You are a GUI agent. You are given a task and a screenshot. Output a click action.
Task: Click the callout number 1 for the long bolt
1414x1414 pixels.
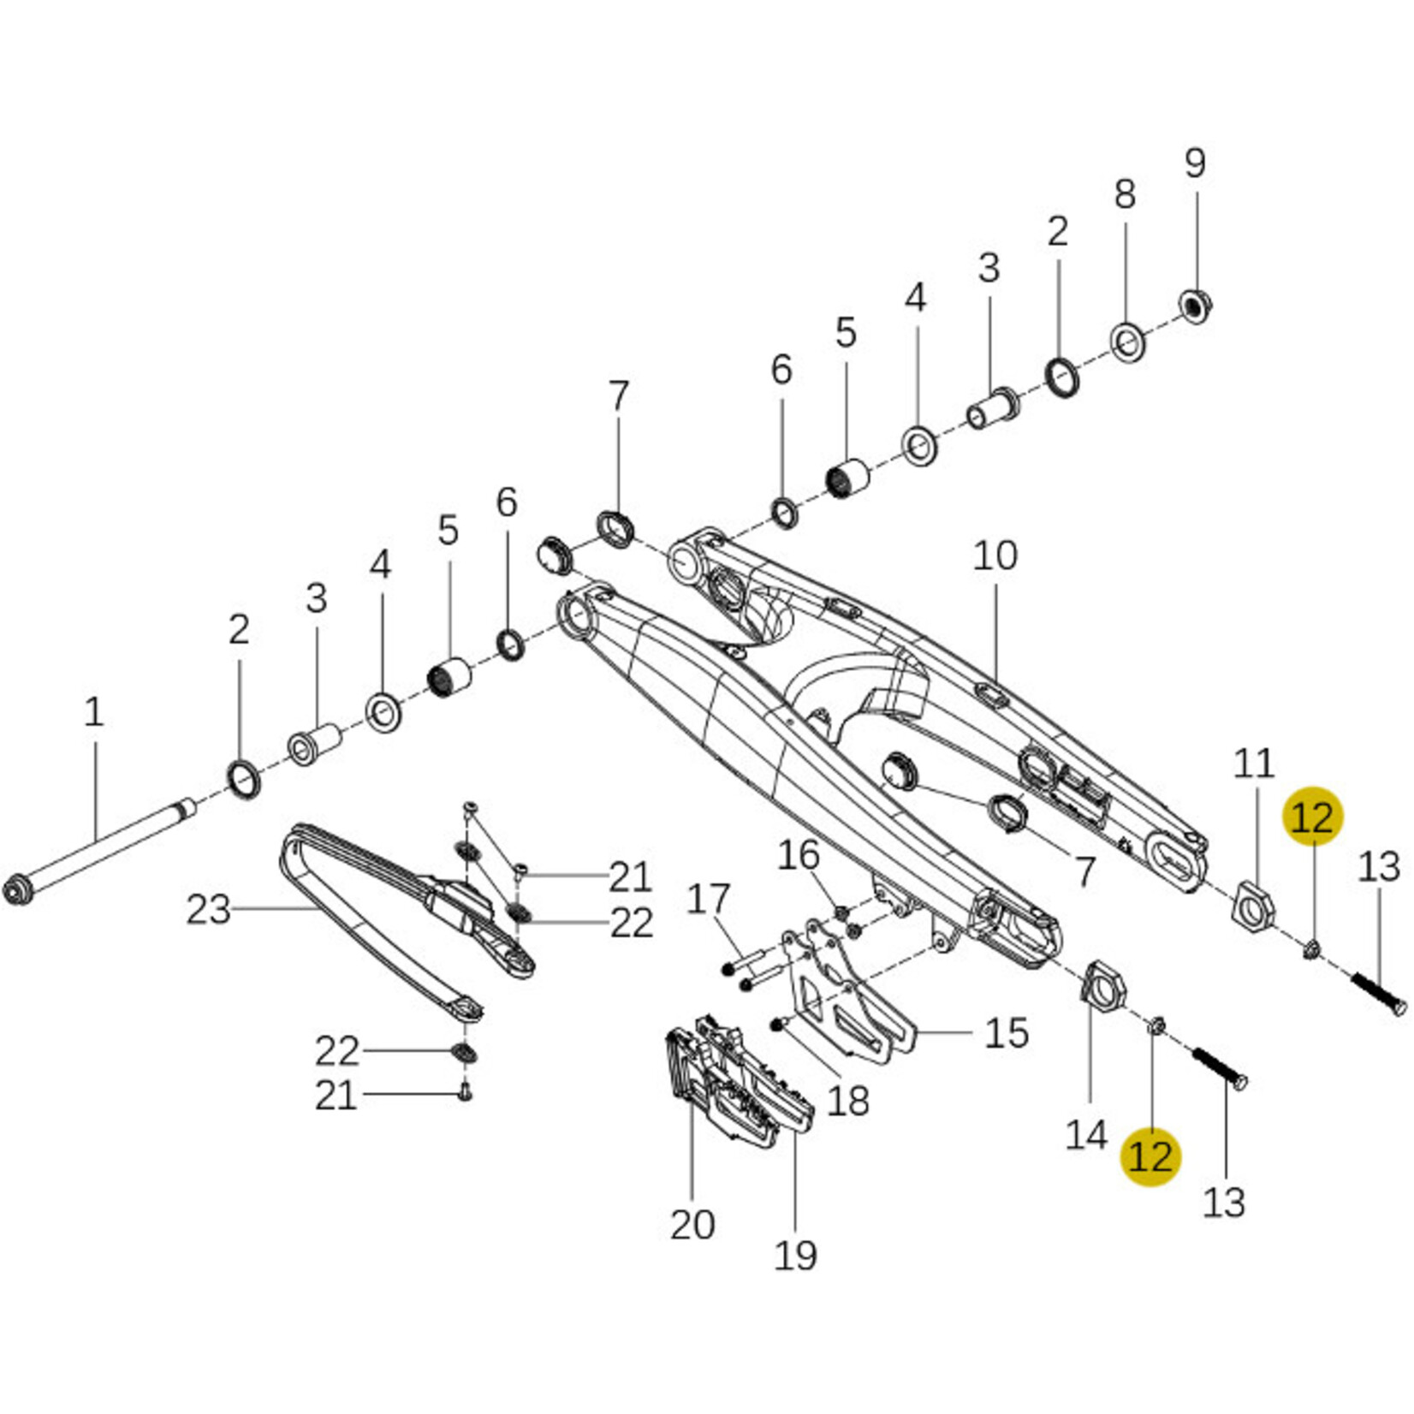click(93, 712)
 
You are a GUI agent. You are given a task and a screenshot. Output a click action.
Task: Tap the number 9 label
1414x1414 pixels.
click(1195, 163)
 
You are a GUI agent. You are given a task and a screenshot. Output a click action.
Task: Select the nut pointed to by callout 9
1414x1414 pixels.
click(1196, 304)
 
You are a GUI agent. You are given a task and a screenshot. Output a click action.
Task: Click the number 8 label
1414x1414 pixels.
click(1125, 194)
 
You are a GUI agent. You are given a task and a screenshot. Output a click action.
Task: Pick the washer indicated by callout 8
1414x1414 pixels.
click(1128, 342)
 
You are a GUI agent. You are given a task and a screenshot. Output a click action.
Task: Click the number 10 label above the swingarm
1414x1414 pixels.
click(995, 556)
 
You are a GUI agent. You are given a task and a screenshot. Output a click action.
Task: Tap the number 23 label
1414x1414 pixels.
click(208, 909)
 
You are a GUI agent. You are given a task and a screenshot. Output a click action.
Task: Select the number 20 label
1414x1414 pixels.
click(692, 1224)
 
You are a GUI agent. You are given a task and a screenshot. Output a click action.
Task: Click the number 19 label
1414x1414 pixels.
click(795, 1255)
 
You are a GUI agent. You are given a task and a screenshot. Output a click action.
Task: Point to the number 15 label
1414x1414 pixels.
click(1006, 1032)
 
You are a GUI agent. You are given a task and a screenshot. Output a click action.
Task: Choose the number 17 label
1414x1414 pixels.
click(708, 899)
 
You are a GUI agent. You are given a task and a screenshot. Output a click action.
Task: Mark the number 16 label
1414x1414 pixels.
click(798, 854)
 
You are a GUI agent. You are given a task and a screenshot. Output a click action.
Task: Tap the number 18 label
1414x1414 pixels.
click(847, 1101)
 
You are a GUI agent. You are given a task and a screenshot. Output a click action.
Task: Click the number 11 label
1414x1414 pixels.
click(1253, 763)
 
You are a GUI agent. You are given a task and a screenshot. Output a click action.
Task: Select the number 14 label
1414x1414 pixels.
click(1086, 1135)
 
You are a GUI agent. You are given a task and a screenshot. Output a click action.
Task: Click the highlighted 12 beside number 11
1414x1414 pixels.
click(1312, 817)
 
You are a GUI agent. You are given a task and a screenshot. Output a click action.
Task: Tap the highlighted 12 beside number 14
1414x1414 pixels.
click(1150, 1156)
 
